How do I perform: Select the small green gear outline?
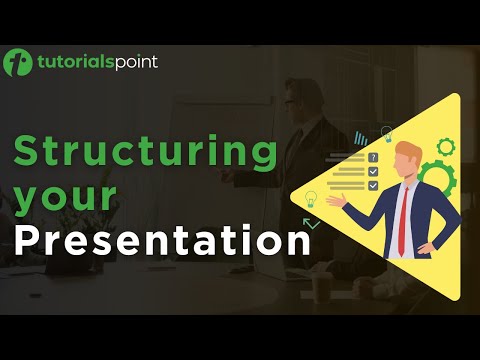tap(445, 148)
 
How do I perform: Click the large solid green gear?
tap(438, 180)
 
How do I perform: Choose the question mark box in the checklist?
tap(373, 158)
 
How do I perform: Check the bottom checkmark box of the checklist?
tap(373, 185)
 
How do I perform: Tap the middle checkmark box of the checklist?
tap(373, 171)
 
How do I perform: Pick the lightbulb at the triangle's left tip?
tap(310, 197)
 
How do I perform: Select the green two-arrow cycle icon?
tap(312, 223)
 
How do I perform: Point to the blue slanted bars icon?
tap(358, 136)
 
